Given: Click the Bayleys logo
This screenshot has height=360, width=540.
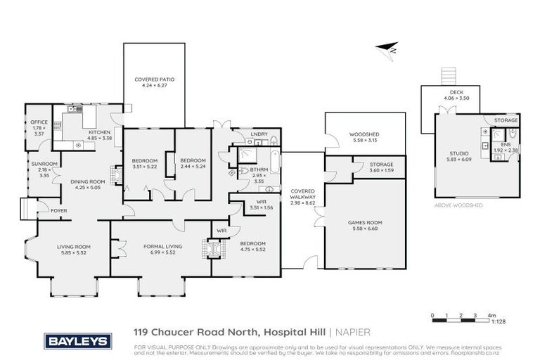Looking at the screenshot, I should tap(77, 341).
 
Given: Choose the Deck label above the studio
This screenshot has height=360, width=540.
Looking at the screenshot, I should tap(456, 93).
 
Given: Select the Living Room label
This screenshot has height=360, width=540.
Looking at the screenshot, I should tap(74, 246).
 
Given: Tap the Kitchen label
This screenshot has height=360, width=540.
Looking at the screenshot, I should tap(98, 132).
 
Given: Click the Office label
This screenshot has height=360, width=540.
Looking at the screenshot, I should tap(39, 122).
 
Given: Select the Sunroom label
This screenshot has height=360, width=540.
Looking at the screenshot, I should tap(39, 164).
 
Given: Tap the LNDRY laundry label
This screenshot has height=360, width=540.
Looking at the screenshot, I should tap(250, 135).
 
